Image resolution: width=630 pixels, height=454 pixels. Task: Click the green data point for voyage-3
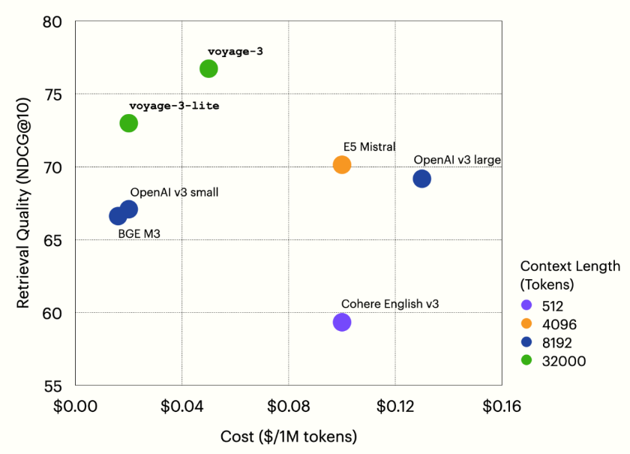point(208,68)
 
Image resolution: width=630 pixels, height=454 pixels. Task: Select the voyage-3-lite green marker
point(129,123)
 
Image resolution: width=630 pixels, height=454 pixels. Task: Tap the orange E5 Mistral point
point(342,164)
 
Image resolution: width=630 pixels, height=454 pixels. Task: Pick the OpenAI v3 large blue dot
point(421,179)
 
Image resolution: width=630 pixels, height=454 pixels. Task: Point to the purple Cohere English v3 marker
point(342,322)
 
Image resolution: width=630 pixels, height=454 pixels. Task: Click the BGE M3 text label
point(139,234)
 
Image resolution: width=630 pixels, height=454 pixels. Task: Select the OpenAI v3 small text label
point(174,193)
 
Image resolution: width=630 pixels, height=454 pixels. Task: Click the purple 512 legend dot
point(526,305)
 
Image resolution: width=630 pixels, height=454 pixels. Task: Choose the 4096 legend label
point(559,324)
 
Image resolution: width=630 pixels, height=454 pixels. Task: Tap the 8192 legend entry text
point(559,343)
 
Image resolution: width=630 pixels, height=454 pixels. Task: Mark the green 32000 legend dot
point(526,362)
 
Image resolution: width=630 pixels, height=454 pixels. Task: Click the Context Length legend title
point(570,275)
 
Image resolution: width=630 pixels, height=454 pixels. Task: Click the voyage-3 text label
point(235,52)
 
